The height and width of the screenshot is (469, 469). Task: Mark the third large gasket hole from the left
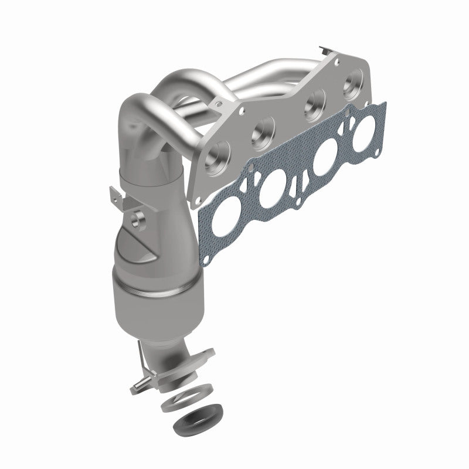click(x=324, y=164)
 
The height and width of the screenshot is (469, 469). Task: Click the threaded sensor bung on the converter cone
click(x=138, y=220)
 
